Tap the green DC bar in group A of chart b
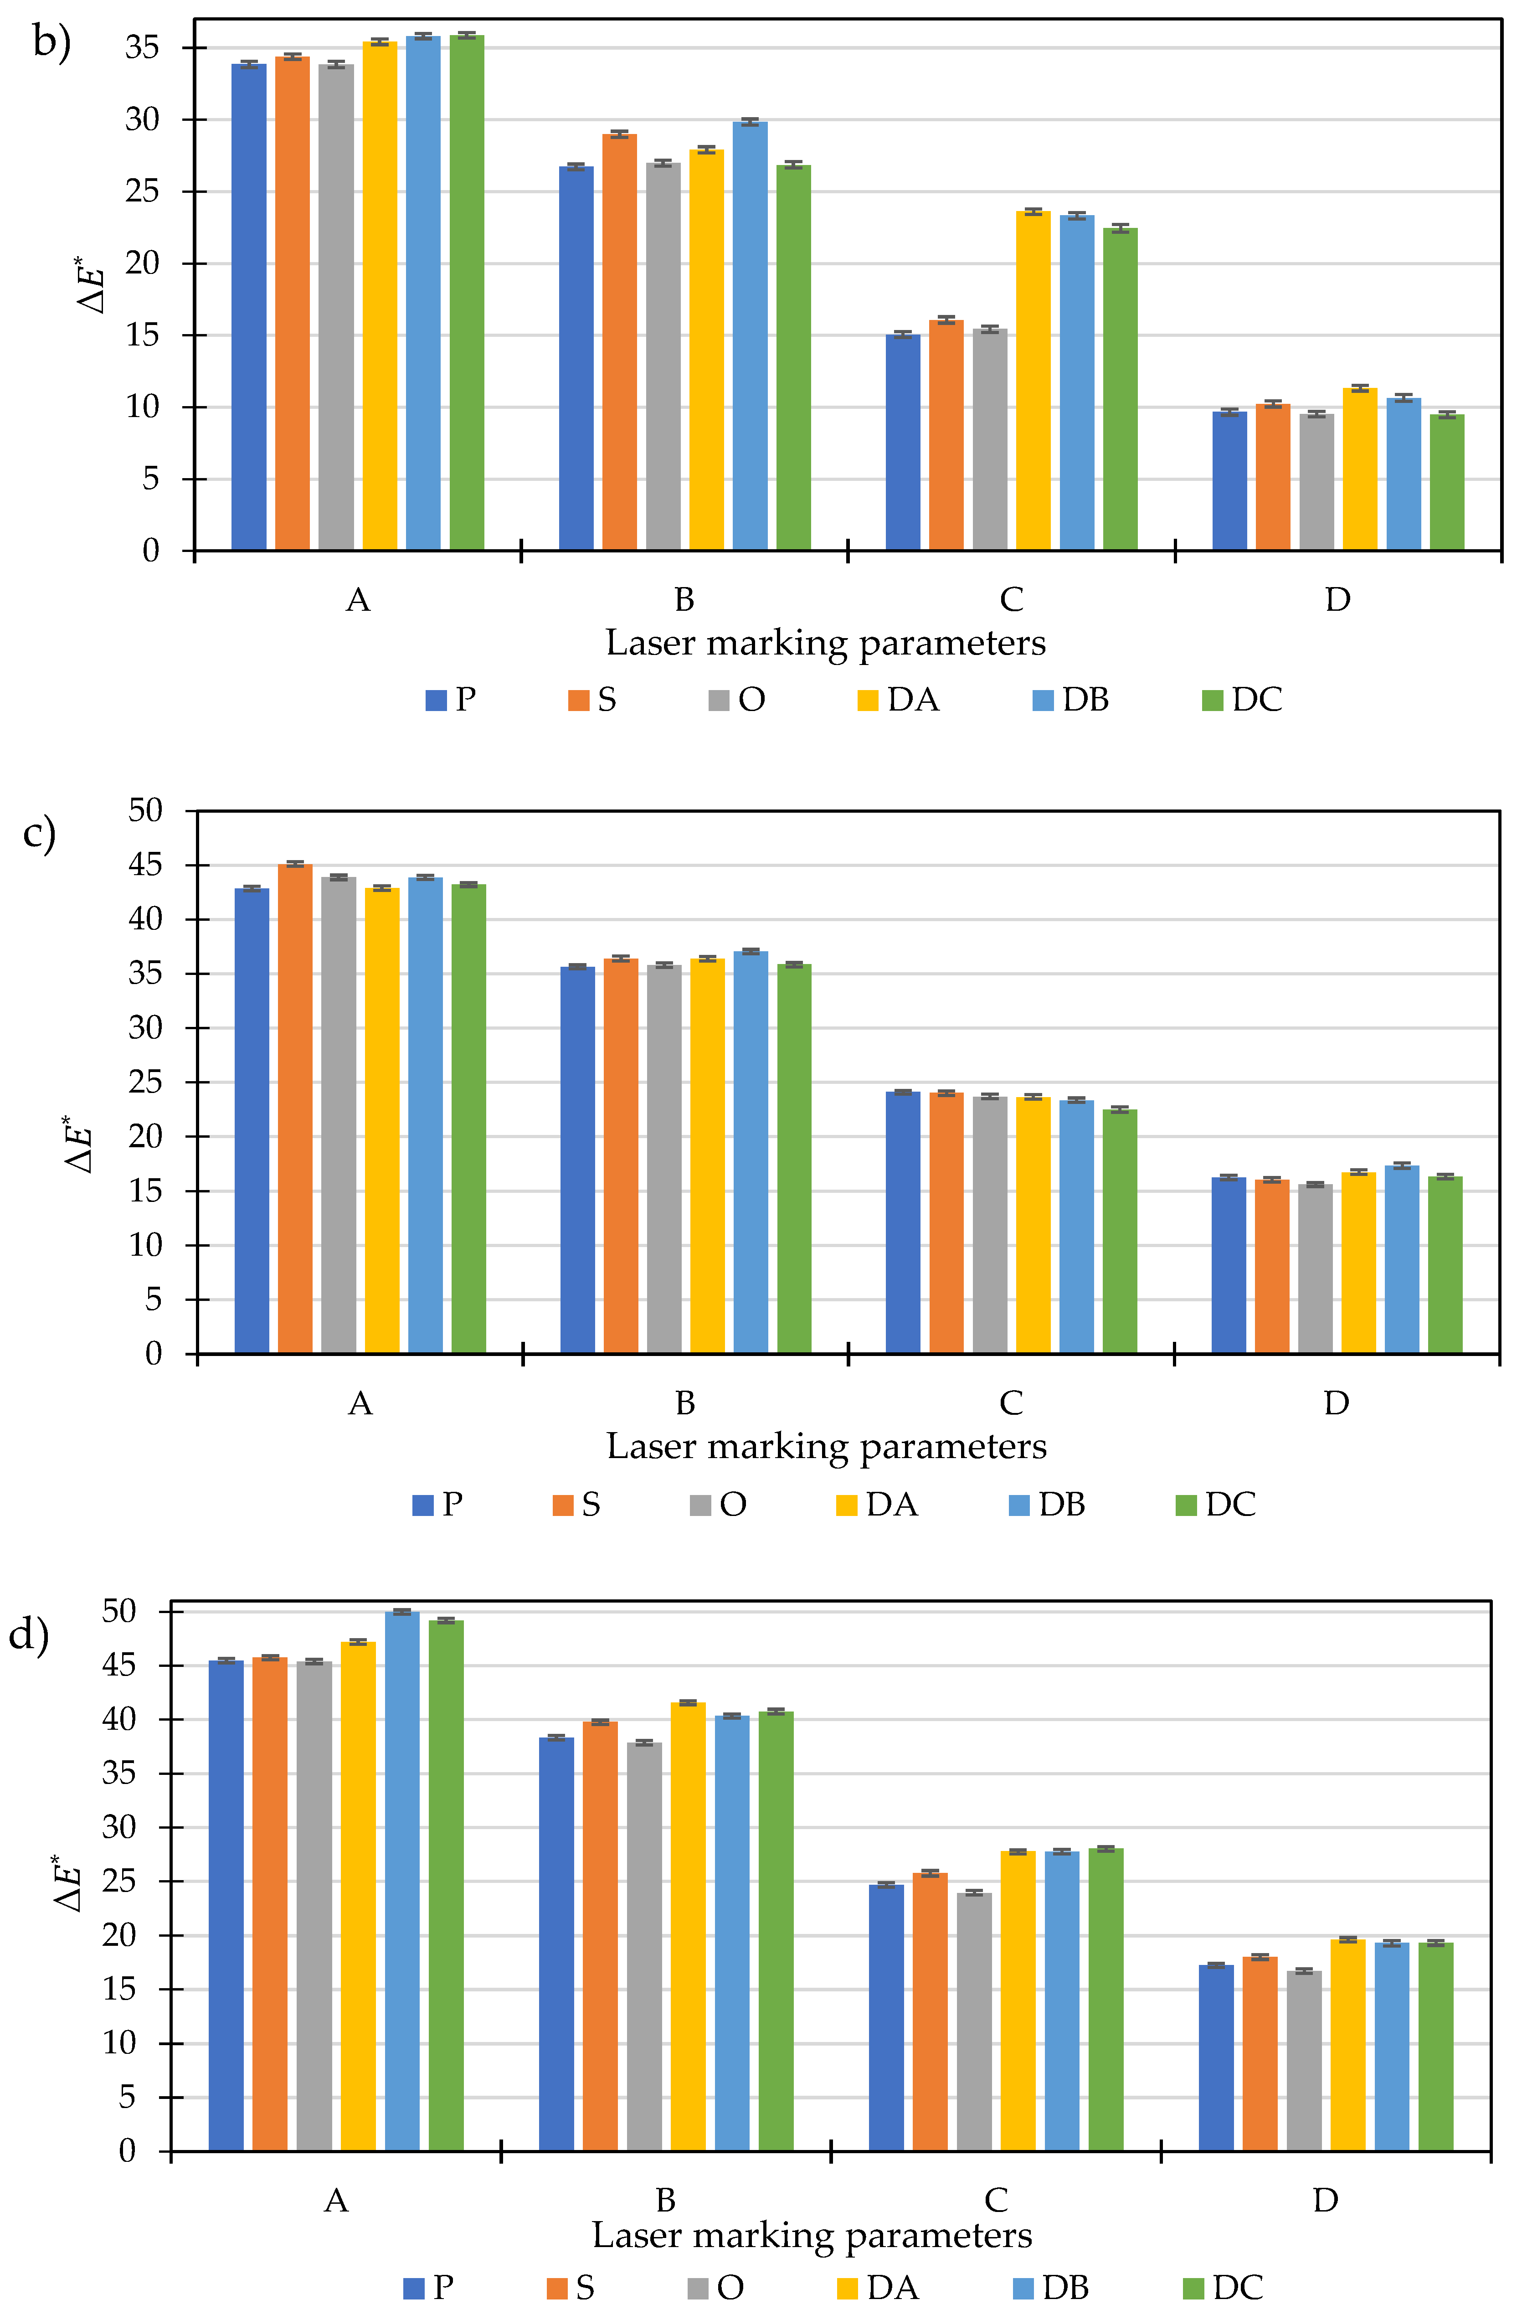click(x=467, y=293)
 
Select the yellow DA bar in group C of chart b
click(x=1033, y=380)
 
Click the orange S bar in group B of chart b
click(x=619, y=341)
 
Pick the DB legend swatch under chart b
click(x=1043, y=700)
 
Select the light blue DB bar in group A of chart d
click(x=401, y=1882)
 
